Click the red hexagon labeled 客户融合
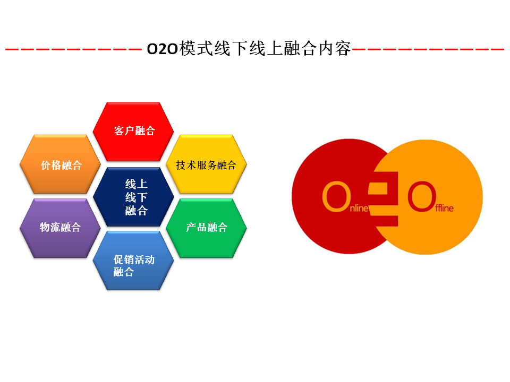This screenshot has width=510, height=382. [133, 132]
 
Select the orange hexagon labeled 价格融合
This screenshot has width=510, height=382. [60, 164]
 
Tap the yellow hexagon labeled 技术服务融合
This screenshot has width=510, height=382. [206, 164]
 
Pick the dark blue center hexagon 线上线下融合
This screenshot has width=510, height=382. [133, 197]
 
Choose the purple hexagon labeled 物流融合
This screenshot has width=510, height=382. [60, 228]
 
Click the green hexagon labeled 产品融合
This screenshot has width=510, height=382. [206, 228]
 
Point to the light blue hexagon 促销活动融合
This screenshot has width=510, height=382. [133, 261]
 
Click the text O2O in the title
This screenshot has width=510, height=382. [163, 49]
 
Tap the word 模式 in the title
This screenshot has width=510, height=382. [197, 48]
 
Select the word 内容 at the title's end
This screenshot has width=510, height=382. [335, 48]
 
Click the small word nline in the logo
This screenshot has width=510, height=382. [359, 208]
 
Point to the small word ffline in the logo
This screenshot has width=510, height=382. [444, 207]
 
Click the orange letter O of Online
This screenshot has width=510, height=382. [336, 196]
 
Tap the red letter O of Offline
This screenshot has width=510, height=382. [422, 196]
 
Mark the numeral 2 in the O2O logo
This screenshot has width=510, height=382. [383, 199]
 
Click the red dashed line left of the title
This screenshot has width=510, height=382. [73, 49]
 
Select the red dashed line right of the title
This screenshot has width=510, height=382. [428, 49]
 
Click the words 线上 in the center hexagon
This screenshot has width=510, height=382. [137, 184]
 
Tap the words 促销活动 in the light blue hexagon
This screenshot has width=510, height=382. [134, 259]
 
